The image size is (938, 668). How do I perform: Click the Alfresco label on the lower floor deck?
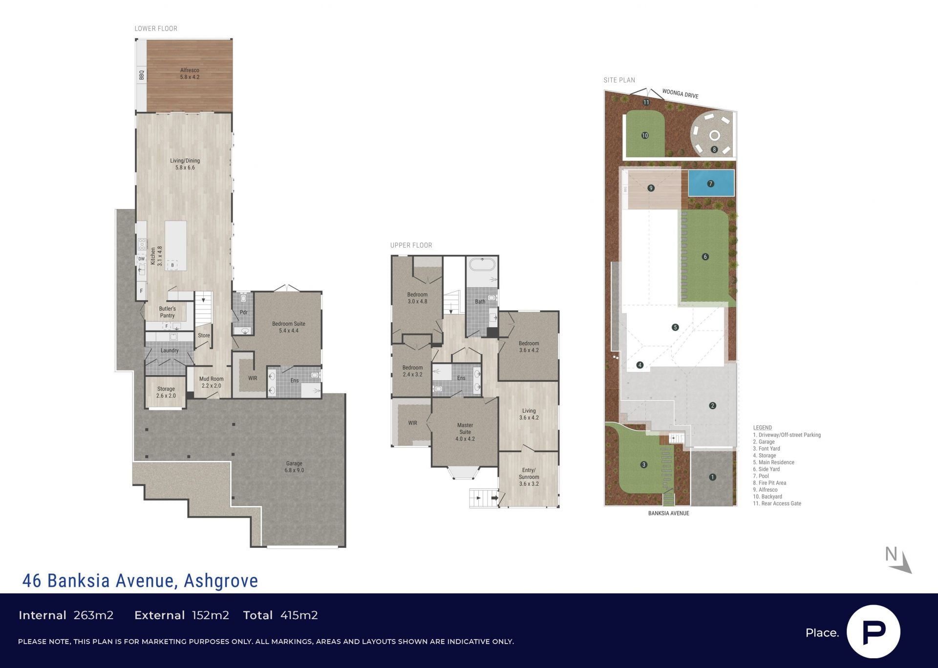click(x=190, y=74)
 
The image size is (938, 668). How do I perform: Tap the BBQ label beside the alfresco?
click(x=142, y=75)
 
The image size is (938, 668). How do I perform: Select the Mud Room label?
click(x=212, y=382)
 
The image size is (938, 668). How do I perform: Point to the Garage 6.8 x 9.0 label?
click(x=294, y=467)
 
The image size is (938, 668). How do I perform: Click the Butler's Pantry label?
click(x=167, y=312)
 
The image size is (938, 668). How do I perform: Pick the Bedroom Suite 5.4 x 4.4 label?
click(x=289, y=327)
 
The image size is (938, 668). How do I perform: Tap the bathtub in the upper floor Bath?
click(x=482, y=266)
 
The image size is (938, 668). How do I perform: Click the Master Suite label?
click(x=465, y=432)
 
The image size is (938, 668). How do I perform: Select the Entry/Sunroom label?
click(x=529, y=477)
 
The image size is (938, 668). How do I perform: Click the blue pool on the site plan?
click(x=711, y=183)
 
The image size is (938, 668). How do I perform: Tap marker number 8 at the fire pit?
click(x=714, y=149)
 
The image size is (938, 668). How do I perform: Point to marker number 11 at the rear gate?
click(x=646, y=103)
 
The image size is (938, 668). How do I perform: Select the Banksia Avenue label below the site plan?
click(x=668, y=513)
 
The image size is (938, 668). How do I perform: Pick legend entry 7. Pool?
click(x=761, y=476)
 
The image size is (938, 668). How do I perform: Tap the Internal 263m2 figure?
click(x=66, y=615)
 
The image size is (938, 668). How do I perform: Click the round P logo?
click(x=874, y=632)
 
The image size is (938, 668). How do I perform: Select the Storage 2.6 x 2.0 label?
click(x=166, y=392)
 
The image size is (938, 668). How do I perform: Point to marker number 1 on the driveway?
click(x=712, y=477)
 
